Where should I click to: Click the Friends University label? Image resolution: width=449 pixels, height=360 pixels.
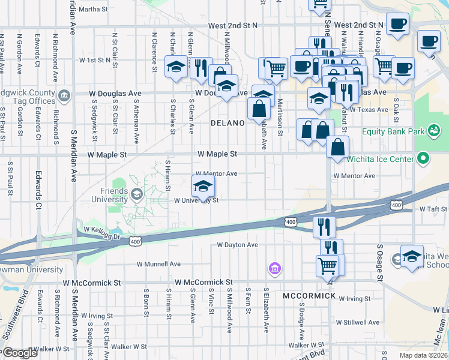coord(109,195)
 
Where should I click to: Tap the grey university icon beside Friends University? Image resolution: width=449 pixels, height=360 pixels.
coord(137,193)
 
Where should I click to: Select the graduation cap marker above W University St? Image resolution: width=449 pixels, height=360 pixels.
coord(203,185)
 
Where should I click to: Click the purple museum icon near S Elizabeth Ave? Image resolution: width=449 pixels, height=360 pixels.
coord(274,268)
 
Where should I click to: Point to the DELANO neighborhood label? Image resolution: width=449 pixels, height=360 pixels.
coord(228,123)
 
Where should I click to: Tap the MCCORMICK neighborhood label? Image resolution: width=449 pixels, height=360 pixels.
coord(309,296)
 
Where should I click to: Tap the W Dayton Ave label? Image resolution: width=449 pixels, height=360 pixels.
coord(237,245)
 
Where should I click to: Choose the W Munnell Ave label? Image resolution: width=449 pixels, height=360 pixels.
coord(158,263)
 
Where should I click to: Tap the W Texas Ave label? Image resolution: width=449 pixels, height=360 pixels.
coord(369,110)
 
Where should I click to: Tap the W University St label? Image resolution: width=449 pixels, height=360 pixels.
coord(196,200)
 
